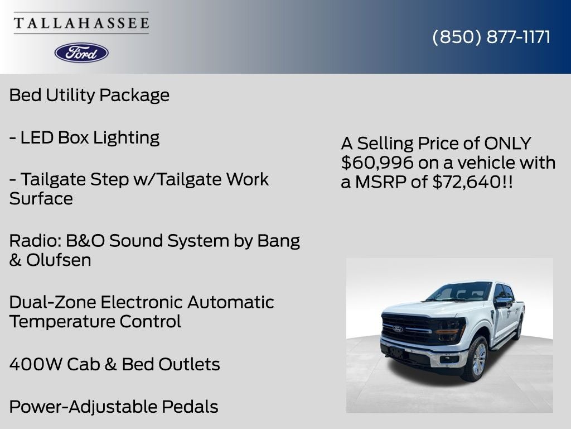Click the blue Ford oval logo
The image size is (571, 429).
81,53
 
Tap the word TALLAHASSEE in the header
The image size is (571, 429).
81,23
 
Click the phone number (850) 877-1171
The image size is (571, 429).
491,37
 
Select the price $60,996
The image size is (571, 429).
377,163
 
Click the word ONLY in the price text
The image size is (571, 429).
507,144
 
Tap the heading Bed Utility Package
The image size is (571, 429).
89,95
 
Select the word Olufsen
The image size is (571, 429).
59,260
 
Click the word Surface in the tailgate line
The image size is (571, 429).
41,199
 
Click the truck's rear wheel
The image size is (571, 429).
519,330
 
